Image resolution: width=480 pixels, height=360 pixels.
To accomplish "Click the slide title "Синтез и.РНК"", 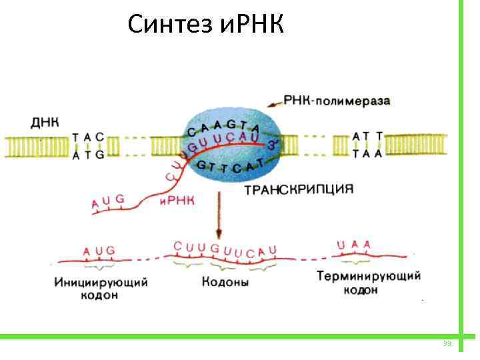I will click(x=205, y=25).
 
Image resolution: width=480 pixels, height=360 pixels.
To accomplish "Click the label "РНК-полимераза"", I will click(x=337, y=101).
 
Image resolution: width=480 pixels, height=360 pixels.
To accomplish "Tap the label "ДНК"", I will click(x=45, y=123).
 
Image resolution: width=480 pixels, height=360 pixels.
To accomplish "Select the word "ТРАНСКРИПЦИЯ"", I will click(x=298, y=189).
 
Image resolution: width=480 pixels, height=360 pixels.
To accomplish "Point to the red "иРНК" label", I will click(x=177, y=201).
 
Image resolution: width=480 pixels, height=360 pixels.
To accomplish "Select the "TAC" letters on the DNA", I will click(x=88, y=137).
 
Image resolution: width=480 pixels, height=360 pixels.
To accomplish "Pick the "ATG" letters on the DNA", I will click(x=88, y=155).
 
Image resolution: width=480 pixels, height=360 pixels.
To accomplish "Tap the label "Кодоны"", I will click(x=225, y=283).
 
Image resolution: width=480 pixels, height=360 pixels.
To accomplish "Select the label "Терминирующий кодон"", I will click(x=368, y=282).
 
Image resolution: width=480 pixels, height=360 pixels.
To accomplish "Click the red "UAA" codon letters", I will click(x=353, y=245).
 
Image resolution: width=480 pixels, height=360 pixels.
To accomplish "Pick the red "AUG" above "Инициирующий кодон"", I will click(x=99, y=251).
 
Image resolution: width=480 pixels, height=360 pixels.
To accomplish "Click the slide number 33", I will click(x=447, y=343).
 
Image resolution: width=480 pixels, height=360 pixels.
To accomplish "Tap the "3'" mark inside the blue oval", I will click(x=271, y=143).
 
